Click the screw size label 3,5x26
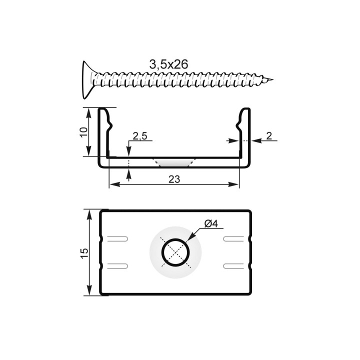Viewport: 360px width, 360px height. [168, 64]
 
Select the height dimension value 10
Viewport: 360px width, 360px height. [84, 132]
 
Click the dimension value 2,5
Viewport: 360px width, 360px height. [139, 136]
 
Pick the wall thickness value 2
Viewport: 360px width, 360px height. [268, 135]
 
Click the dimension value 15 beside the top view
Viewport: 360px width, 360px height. [84, 253]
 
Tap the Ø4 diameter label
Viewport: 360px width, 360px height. [211, 224]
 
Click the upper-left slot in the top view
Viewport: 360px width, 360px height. [118, 238]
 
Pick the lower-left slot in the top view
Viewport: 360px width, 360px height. [118, 265]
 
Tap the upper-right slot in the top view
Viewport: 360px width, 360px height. [233, 238]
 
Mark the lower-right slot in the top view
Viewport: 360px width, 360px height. [233, 265]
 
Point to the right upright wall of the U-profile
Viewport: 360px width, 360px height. [244, 135]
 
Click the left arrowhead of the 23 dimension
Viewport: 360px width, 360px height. [112, 185]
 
